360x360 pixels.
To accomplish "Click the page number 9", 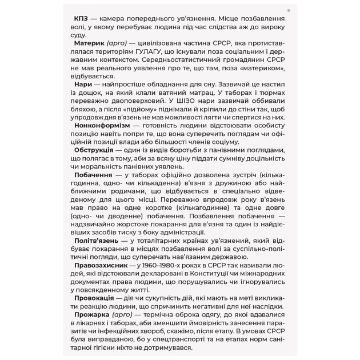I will tap(288, 10).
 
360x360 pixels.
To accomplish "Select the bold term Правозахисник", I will tap(101, 266).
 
